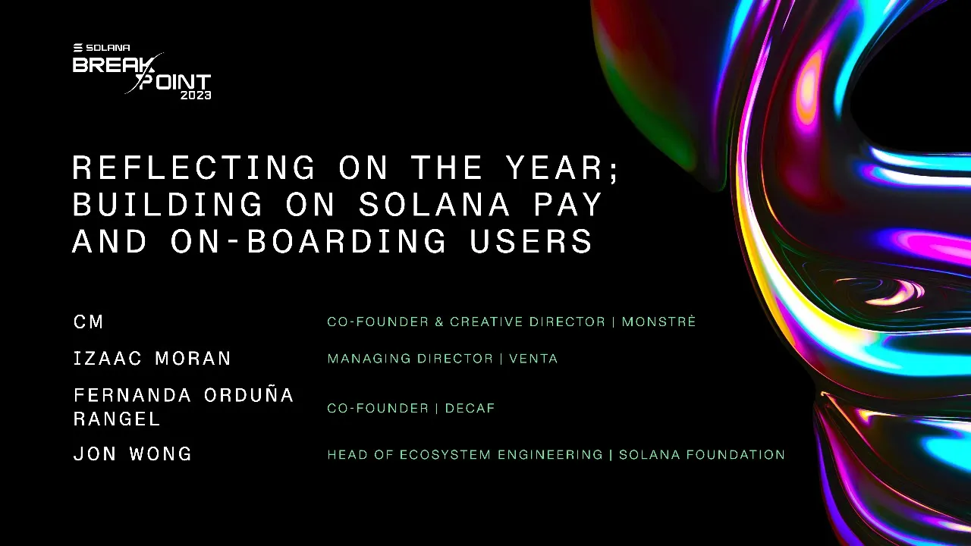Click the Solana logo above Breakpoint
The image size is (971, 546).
click(102, 48)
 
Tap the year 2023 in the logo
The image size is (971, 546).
click(196, 96)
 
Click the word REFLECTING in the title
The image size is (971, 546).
click(194, 168)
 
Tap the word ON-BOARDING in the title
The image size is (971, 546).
click(310, 241)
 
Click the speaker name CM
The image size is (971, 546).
click(89, 322)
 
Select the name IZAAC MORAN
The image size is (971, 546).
click(152, 358)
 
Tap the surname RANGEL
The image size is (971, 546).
click(117, 419)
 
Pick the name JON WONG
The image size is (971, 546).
click(133, 454)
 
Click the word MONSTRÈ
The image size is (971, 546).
click(658, 322)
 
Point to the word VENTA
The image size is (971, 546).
click(533, 358)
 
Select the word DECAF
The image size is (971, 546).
click(470, 408)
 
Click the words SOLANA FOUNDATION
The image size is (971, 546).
click(702, 455)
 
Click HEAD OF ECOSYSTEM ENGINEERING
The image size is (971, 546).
click(465, 455)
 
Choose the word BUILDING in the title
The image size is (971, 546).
click(168, 205)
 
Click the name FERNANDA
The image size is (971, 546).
click(132, 395)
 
